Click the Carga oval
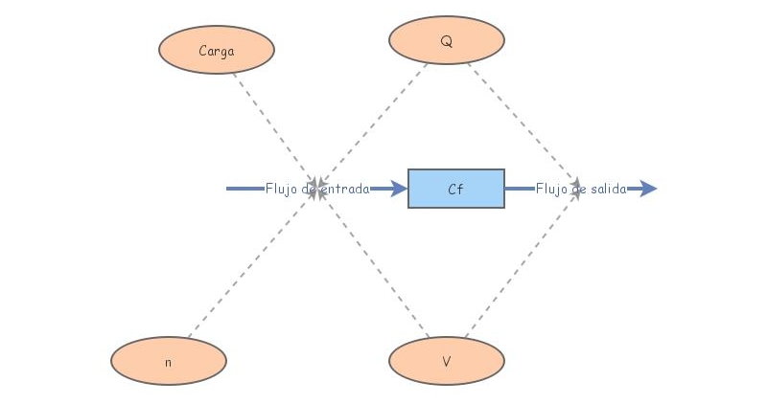(217, 50)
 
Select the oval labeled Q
(447, 41)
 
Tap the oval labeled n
(169, 361)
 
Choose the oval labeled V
(447, 361)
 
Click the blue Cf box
(456, 189)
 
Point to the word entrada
(343, 189)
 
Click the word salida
(606, 189)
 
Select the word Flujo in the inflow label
(282, 189)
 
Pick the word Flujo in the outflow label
(552, 189)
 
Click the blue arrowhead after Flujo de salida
(648, 189)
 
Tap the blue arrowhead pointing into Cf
(399, 189)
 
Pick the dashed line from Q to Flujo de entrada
(374, 120)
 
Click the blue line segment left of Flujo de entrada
(244, 189)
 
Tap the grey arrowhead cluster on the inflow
(315, 182)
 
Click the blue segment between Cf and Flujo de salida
(519, 189)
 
